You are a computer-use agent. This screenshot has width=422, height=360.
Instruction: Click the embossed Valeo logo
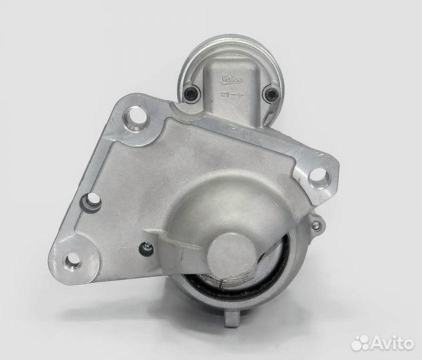point(232,80)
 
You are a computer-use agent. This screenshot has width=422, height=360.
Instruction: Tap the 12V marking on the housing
point(225,95)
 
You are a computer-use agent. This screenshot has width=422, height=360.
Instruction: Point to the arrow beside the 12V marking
point(237,95)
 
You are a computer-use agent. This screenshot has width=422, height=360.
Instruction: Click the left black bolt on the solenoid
point(191,93)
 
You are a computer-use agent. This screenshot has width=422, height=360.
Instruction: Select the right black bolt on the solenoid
point(271,94)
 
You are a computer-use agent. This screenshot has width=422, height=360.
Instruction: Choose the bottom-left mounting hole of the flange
point(73,260)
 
